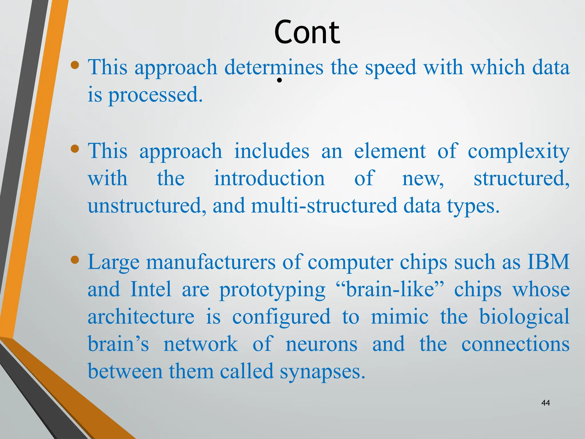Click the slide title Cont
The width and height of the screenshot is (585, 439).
click(x=307, y=32)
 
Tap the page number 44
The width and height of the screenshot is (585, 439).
click(x=546, y=403)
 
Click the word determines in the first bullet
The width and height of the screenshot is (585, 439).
click(x=274, y=67)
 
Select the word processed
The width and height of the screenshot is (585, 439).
click(x=155, y=95)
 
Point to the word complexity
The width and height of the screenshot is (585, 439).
click(x=518, y=151)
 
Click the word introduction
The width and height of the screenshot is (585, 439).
click(x=269, y=178)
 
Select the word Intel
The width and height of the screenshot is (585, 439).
click(x=151, y=289)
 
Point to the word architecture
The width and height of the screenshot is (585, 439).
click(x=141, y=317)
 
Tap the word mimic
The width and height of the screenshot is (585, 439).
click(x=400, y=317)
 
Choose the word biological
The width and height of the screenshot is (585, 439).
click(x=524, y=317)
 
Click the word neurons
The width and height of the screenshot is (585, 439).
click(x=321, y=344)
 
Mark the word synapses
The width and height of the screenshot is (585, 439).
click(x=322, y=372)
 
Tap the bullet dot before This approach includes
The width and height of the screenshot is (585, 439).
click(x=75, y=149)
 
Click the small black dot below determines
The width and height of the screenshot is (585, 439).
click(x=280, y=80)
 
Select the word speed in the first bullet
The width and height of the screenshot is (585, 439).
click(x=390, y=67)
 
